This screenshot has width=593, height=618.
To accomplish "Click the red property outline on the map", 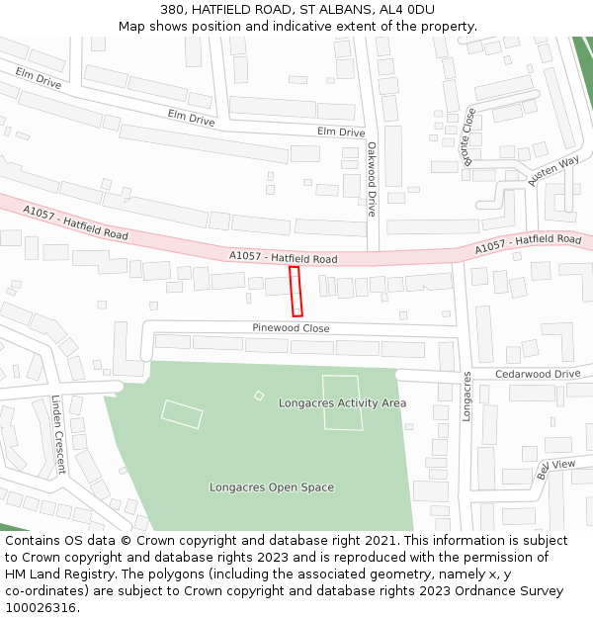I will pyautogui.click(x=296, y=292).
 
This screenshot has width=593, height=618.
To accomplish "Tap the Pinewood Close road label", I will pyautogui.click(x=291, y=328).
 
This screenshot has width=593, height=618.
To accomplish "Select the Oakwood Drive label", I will pyautogui.click(x=372, y=179).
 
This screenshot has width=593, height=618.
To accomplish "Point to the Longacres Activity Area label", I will pyautogui.click(x=342, y=403).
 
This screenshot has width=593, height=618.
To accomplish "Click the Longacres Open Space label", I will pyautogui.click(x=272, y=487).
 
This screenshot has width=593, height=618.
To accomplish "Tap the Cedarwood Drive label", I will pyautogui.click(x=538, y=374).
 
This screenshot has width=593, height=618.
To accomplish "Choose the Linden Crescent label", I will pyautogui.click(x=57, y=435).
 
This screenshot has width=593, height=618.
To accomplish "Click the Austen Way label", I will pyautogui.click(x=553, y=171).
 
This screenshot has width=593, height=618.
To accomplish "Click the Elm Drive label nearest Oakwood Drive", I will pyautogui.click(x=341, y=132).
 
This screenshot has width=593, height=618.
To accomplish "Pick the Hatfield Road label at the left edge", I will pyautogui.click(x=75, y=223).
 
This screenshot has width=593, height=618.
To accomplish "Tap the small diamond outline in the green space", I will pyautogui.click(x=259, y=396).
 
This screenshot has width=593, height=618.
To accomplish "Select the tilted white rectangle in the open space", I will pyautogui.click(x=182, y=414).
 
